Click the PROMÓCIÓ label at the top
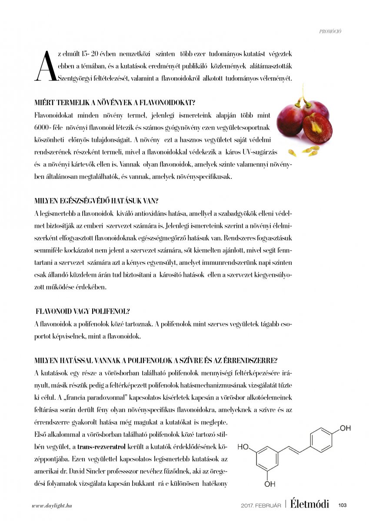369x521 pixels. pyautogui.click(x=330, y=32)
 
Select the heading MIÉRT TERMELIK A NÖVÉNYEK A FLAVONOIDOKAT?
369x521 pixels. pyautogui.click(x=114, y=103)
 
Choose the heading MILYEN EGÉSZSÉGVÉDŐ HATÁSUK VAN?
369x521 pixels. pyautogui.click(x=96, y=201)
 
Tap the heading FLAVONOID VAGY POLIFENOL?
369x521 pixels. pyautogui.click(x=83, y=311)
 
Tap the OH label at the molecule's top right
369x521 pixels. pyautogui.click(x=345, y=429)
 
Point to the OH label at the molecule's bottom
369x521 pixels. pyautogui.click(x=269, y=484)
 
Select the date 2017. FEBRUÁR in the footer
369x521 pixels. pyautogui.click(x=261, y=505)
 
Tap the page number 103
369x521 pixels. pyautogui.click(x=342, y=505)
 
